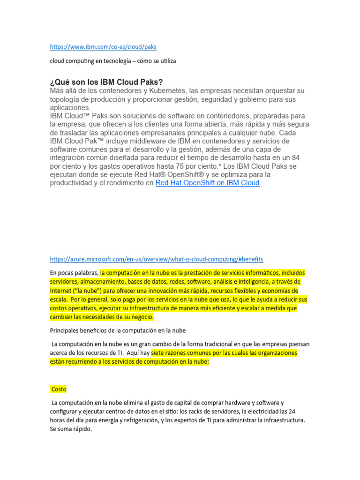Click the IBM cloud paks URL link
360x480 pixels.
(103, 47)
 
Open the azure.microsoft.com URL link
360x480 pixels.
(157, 259)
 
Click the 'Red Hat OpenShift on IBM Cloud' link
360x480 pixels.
(207, 183)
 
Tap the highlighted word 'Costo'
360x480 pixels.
(59, 389)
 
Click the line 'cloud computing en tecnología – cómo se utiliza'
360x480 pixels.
(113, 61)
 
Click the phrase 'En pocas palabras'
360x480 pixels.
(74, 273)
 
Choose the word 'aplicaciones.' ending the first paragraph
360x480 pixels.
(71, 107)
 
